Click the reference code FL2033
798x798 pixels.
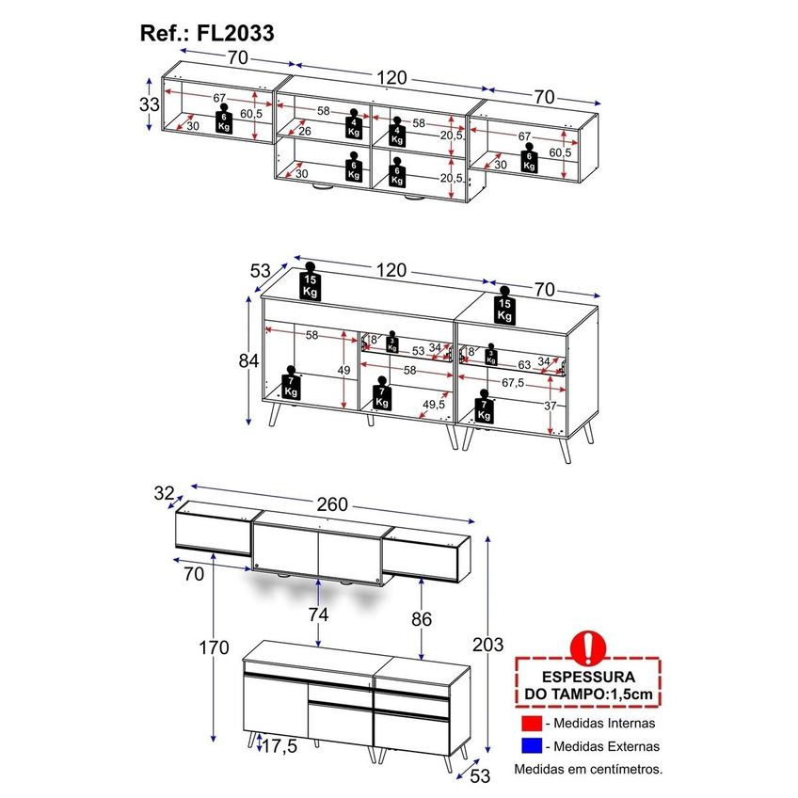(x=235, y=34)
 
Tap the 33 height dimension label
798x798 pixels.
(x=150, y=104)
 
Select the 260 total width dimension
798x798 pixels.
(x=332, y=504)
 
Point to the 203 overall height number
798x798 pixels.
(x=488, y=645)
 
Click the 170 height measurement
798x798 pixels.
(x=214, y=647)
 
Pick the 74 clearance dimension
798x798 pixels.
(x=319, y=614)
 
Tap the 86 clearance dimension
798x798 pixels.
(x=422, y=619)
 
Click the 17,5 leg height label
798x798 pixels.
(x=279, y=746)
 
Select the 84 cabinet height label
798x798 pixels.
(x=248, y=360)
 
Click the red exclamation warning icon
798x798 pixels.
(x=588, y=647)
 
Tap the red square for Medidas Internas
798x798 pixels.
(x=532, y=723)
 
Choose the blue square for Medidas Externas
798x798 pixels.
(x=532, y=746)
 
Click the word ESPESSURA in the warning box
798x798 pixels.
(x=588, y=677)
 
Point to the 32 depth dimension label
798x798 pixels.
(x=164, y=493)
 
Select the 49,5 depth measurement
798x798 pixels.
(x=434, y=404)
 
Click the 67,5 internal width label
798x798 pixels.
(x=513, y=383)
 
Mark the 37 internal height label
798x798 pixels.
(x=551, y=407)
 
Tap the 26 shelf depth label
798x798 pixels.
(x=305, y=132)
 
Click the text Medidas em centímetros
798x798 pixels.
(x=588, y=769)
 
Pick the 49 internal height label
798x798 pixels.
(x=344, y=371)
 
